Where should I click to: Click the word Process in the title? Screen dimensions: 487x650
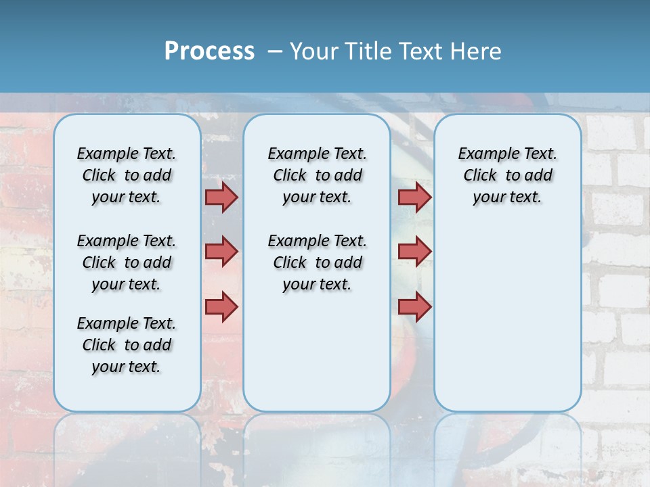click(x=209, y=51)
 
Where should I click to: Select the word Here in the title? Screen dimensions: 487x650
click(x=477, y=51)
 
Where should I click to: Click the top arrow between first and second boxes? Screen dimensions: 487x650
click(x=221, y=197)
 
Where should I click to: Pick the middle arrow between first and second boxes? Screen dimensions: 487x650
click(x=221, y=252)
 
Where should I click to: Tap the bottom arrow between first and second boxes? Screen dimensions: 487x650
click(x=221, y=306)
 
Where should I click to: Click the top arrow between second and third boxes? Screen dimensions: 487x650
click(x=414, y=197)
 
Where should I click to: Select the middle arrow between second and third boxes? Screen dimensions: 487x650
click(x=414, y=252)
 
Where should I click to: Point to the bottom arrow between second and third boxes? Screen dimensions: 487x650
click(x=414, y=306)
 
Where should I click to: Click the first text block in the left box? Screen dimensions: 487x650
click(x=127, y=175)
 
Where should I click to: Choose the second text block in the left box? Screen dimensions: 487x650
click(x=127, y=262)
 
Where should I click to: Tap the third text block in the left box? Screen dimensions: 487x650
click(x=127, y=345)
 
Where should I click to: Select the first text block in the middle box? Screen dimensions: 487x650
click(x=317, y=175)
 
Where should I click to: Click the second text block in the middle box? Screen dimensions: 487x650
click(x=317, y=262)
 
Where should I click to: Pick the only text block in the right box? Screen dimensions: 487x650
click(x=507, y=175)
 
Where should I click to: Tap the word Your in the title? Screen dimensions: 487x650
click(x=315, y=51)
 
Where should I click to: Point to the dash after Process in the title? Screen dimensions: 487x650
click(x=274, y=51)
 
